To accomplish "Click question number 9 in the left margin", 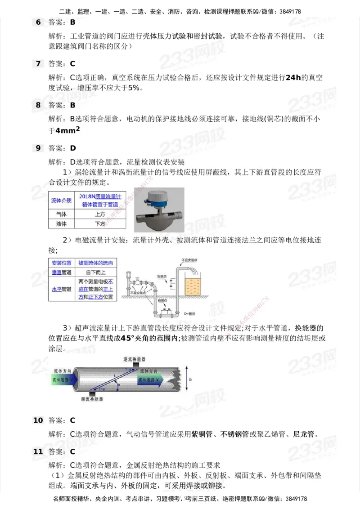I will [x=38, y=148].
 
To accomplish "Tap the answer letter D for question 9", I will [x=73, y=148].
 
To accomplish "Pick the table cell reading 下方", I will [x=100, y=223].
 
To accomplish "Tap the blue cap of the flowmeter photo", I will [x=158, y=196].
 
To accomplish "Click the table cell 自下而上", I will [x=95, y=272].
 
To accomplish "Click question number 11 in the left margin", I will [x=38, y=451].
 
